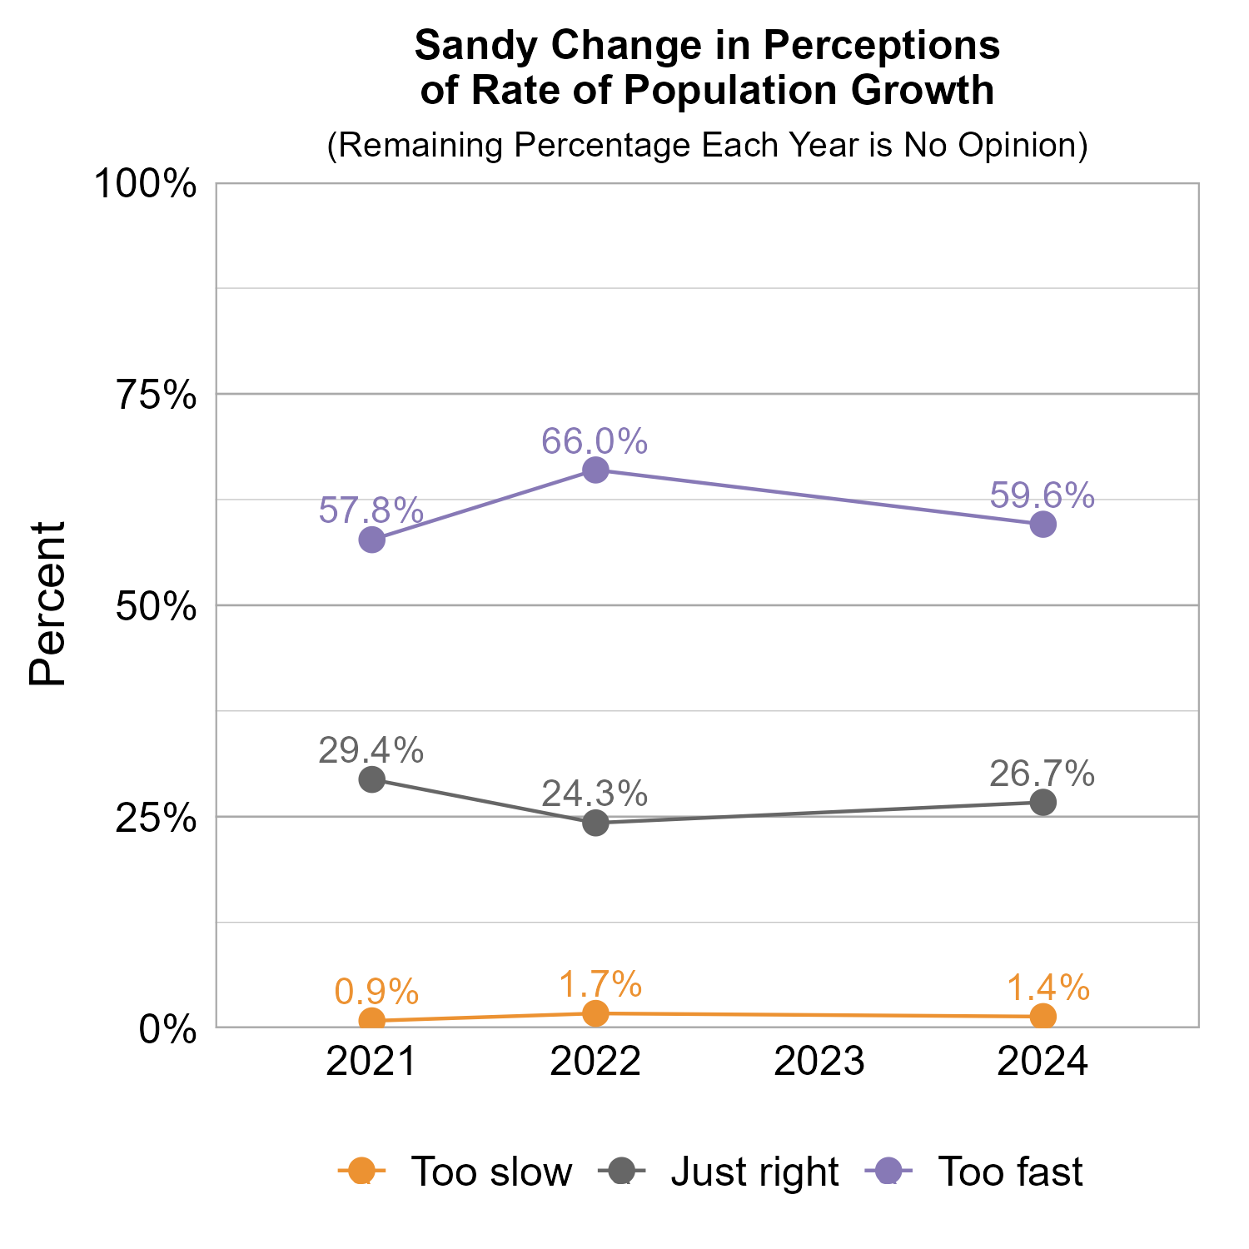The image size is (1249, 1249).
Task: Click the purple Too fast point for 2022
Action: coord(595,470)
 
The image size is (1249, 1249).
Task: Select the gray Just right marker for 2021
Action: coord(371,779)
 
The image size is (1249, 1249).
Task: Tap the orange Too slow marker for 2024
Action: coord(1042,1017)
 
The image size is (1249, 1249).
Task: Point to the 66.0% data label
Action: coord(595,441)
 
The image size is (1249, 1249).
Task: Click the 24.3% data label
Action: coord(595,794)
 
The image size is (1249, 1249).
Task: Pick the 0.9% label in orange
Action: coord(376,992)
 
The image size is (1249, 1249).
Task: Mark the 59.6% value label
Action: coord(1042,495)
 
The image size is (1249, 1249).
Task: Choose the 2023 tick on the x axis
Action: coord(819,1062)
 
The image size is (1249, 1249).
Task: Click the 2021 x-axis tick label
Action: coord(371,1062)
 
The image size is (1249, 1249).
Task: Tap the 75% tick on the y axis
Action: coord(157,396)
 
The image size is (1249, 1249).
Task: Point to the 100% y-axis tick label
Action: coord(146,184)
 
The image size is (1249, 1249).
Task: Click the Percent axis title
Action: coord(48,604)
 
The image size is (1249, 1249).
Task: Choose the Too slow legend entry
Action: coord(491,1172)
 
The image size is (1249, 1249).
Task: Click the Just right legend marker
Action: coord(620,1171)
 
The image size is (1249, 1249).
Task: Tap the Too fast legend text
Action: coord(1010,1172)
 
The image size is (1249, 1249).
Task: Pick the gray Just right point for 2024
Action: coord(1042,802)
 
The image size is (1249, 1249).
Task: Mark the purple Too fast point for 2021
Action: coord(371,540)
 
